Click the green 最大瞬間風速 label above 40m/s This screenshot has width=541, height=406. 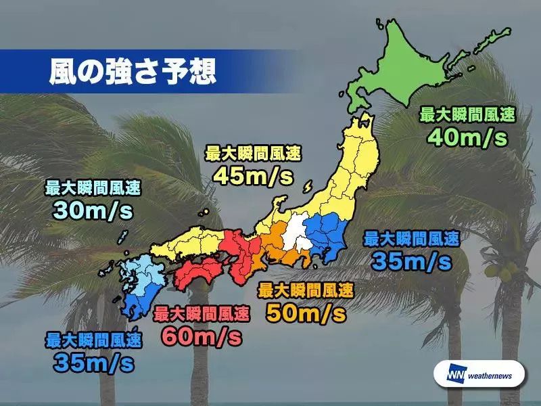[x=467, y=114]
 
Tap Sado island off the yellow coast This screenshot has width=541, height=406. [x=308, y=186]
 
